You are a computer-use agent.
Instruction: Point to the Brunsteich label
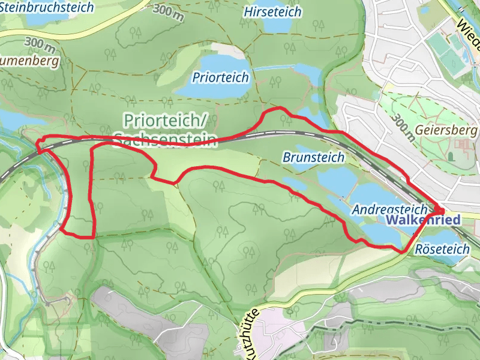coord(313,158)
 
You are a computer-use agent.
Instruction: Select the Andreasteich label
coord(389,209)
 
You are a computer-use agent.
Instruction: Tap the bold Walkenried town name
coord(423,220)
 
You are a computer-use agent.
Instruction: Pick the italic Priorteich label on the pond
coord(220,77)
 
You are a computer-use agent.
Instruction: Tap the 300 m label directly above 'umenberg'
coord(40,45)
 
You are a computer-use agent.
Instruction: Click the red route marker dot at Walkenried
coord(438,211)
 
